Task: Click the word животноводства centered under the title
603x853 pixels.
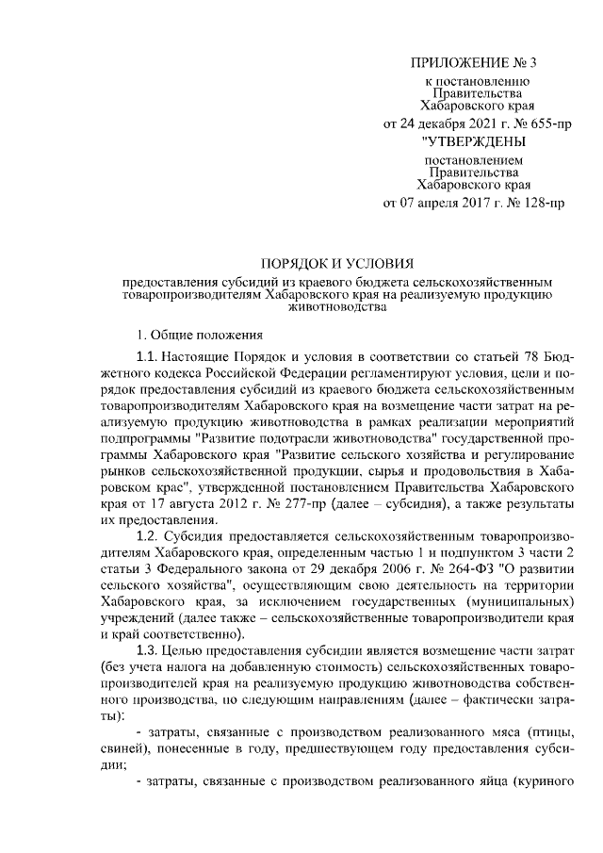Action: click(x=336, y=307)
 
